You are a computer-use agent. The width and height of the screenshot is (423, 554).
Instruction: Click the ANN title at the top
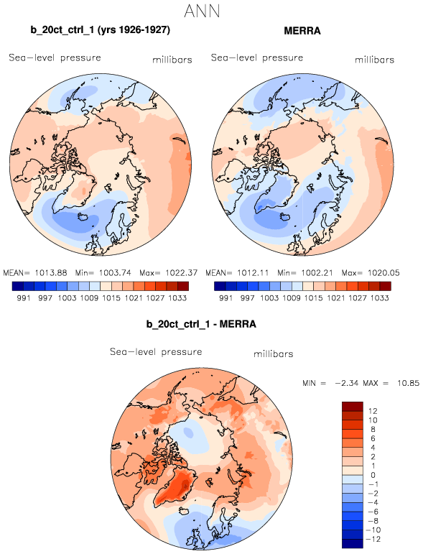coord(202,11)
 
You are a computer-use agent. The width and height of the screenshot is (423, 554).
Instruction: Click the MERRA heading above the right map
coord(302,31)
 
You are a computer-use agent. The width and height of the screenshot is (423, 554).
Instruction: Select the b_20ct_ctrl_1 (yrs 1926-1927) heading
coord(101,30)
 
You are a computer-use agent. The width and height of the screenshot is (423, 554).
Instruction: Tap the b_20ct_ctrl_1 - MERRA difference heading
coord(201,324)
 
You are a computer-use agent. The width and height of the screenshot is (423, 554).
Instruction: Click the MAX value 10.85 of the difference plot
coord(408,383)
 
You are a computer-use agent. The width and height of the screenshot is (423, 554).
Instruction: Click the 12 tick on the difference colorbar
coord(373,411)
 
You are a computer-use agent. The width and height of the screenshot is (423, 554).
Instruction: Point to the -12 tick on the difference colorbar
coord(373,539)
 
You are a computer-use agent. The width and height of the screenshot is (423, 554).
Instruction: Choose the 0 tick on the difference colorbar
coord(373,475)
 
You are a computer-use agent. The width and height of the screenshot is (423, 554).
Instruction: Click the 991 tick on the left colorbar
coord(23,298)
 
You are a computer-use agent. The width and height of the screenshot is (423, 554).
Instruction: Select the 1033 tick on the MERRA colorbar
coord(380,298)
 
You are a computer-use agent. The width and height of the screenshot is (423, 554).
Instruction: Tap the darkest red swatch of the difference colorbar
coord(353,406)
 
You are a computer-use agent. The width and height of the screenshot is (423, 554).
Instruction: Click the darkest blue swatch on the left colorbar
coord(17,286)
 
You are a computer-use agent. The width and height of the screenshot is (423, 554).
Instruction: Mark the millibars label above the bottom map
coord(274,354)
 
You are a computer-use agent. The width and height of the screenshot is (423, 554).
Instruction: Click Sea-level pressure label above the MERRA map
coord(257,57)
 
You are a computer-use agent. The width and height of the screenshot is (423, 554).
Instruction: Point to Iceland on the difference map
coord(184,512)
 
